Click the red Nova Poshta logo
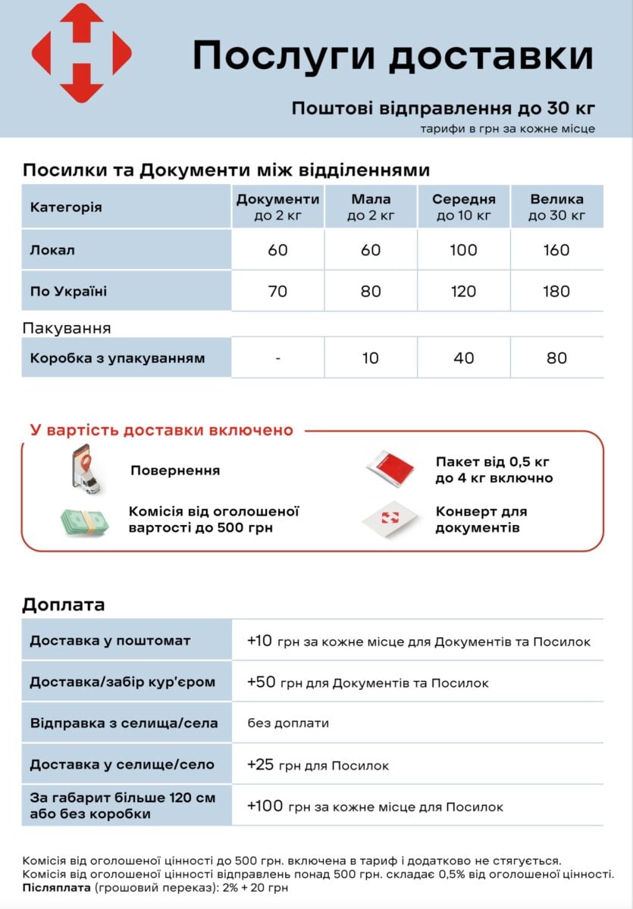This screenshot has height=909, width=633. click(81, 52)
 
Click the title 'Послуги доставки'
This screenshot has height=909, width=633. click(393, 56)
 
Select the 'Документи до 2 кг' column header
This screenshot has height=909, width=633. click(277, 207)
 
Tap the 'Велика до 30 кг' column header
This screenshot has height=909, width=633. click(556, 207)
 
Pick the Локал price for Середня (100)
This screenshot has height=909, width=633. click(463, 250)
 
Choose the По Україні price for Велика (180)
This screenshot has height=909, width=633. click(556, 291)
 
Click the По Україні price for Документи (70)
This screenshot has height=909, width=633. click(277, 291)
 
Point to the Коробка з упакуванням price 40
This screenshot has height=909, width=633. click(463, 358)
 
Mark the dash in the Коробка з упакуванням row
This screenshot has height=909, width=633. click(277, 358)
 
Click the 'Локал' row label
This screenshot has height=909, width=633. click(52, 250)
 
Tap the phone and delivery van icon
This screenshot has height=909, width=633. click(86, 470)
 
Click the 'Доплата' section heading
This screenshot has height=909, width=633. click(64, 604)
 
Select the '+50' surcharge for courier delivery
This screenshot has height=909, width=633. click(262, 683)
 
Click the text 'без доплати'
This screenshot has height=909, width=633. click(288, 723)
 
